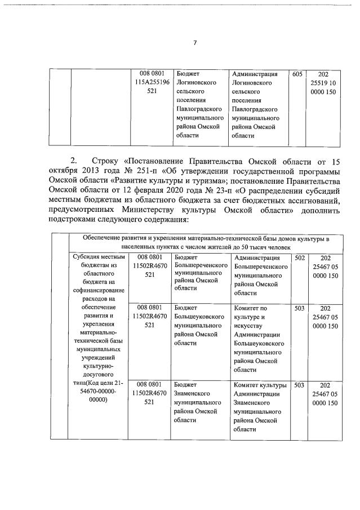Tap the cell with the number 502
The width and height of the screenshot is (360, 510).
(300, 258)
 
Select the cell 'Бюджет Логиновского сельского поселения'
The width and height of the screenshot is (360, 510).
(197, 104)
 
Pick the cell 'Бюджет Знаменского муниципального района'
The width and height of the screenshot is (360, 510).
(197, 402)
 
